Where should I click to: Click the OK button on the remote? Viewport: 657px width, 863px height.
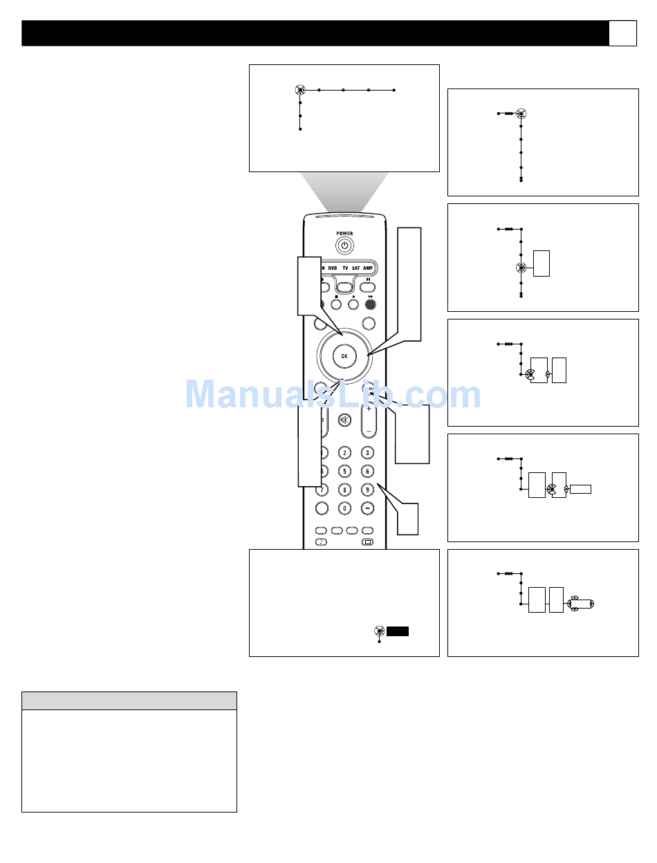(x=344, y=355)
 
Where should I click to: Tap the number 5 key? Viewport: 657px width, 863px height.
(x=344, y=471)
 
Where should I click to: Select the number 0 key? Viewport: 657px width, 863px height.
(x=344, y=508)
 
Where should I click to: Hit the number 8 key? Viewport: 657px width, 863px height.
(x=344, y=490)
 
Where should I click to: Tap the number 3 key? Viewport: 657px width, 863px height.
(x=368, y=453)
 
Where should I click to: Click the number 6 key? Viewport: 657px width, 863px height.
(x=368, y=471)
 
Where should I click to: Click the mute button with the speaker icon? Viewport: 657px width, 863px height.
(x=344, y=420)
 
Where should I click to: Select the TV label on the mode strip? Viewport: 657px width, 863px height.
(x=344, y=267)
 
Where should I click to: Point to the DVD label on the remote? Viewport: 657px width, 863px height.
(x=332, y=267)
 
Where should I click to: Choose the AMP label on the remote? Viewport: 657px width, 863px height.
(x=368, y=267)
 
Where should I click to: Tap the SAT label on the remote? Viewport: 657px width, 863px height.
(x=355, y=267)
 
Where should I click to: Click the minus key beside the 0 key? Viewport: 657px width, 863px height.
(x=368, y=508)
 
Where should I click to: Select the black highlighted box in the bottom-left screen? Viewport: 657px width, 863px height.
(x=398, y=631)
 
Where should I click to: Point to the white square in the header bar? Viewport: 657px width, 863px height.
(x=622, y=33)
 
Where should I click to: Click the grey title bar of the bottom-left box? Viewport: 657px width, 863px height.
(x=129, y=700)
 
